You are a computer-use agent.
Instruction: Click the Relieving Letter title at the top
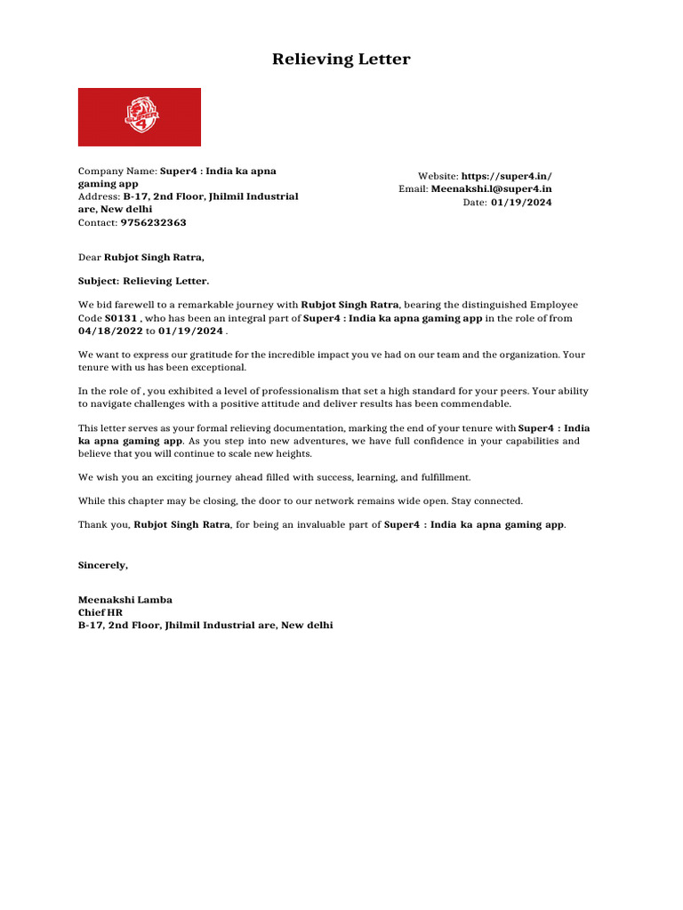click(x=341, y=60)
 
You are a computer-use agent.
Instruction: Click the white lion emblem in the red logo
click(x=140, y=116)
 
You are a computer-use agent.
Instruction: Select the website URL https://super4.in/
click(x=506, y=177)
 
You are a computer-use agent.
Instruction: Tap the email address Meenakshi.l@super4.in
click(x=491, y=188)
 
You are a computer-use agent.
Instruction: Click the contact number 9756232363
click(x=153, y=223)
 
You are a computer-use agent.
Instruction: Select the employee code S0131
click(x=121, y=318)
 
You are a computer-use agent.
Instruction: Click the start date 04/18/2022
click(x=110, y=331)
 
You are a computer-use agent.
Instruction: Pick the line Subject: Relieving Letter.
click(x=144, y=281)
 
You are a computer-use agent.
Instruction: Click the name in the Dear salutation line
click(x=154, y=258)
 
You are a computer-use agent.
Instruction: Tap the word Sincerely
click(x=103, y=565)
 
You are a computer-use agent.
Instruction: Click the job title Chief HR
click(x=100, y=613)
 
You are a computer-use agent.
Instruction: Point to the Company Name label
click(x=117, y=171)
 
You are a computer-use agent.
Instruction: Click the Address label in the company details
click(x=99, y=196)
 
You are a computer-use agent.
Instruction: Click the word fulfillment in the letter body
click(x=438, y=477)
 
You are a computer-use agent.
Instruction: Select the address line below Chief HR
click(x=205, y=626)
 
